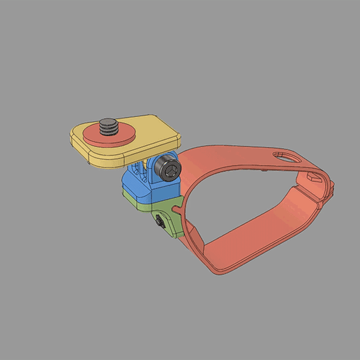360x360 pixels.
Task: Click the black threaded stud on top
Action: click(x=108, y=127)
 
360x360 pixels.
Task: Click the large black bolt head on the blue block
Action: click(x=169, y=169)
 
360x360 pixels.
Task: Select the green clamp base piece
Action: click(x=150, y=209)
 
